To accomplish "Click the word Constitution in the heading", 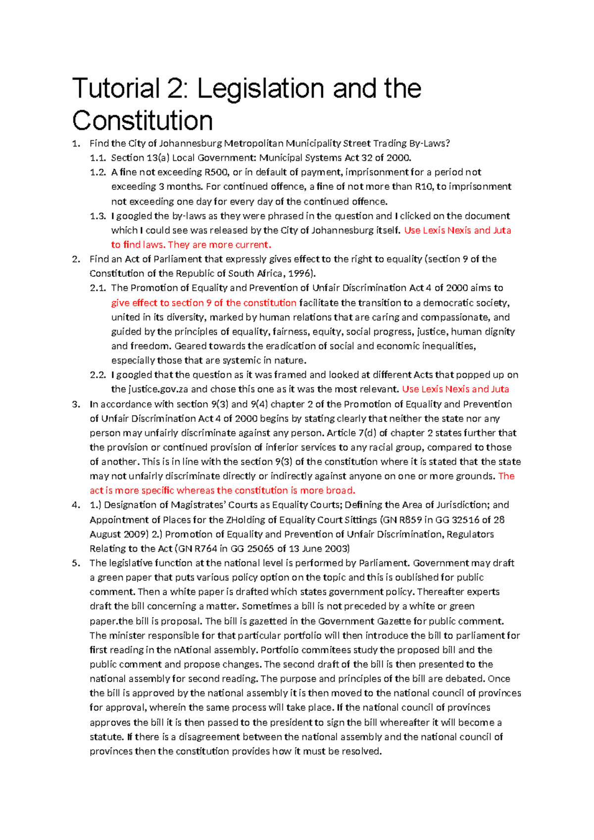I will pyautogui.click(x=143, y=121).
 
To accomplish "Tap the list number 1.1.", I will pyautogui.click(x=98, y=158).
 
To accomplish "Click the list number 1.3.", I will pyautogui.click(x=98, y=216).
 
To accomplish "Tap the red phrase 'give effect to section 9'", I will pyautogui.click(x=161, y=303).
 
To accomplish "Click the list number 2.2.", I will pyautogui.click(x=98, y=375).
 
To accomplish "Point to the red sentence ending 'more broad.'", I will pyautogui.click(x=223, y=491).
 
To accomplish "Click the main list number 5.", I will pyautogui.click(x=75, y=563).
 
